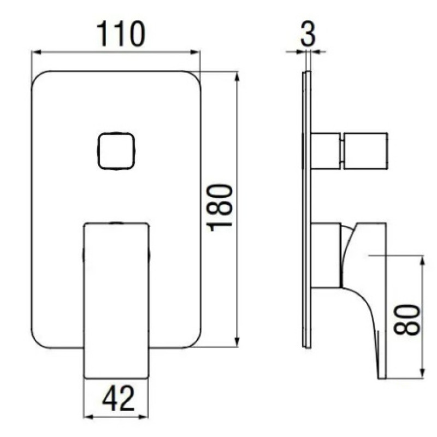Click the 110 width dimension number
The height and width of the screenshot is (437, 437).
point(120,34)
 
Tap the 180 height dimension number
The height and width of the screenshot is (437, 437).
point(221,208)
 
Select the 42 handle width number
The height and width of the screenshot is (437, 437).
point(118,398)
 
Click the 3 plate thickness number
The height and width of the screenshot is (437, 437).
point(308,34)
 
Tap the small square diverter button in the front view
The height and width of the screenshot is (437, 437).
point(116,151)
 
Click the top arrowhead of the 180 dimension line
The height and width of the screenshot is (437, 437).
point(237,76)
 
